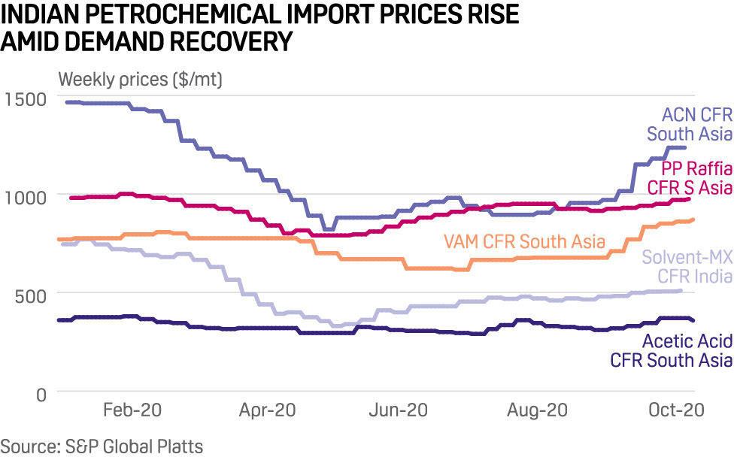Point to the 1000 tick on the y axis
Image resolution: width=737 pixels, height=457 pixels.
25,197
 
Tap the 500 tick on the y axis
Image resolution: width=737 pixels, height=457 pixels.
30,294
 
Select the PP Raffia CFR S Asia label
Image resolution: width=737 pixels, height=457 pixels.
696,178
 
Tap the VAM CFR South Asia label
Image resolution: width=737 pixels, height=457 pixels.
525,241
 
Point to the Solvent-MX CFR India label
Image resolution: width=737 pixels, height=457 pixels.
687,267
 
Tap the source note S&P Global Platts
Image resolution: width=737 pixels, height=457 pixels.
102,446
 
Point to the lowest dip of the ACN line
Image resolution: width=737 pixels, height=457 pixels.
327,228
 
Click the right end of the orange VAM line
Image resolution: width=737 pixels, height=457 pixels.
692,219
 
